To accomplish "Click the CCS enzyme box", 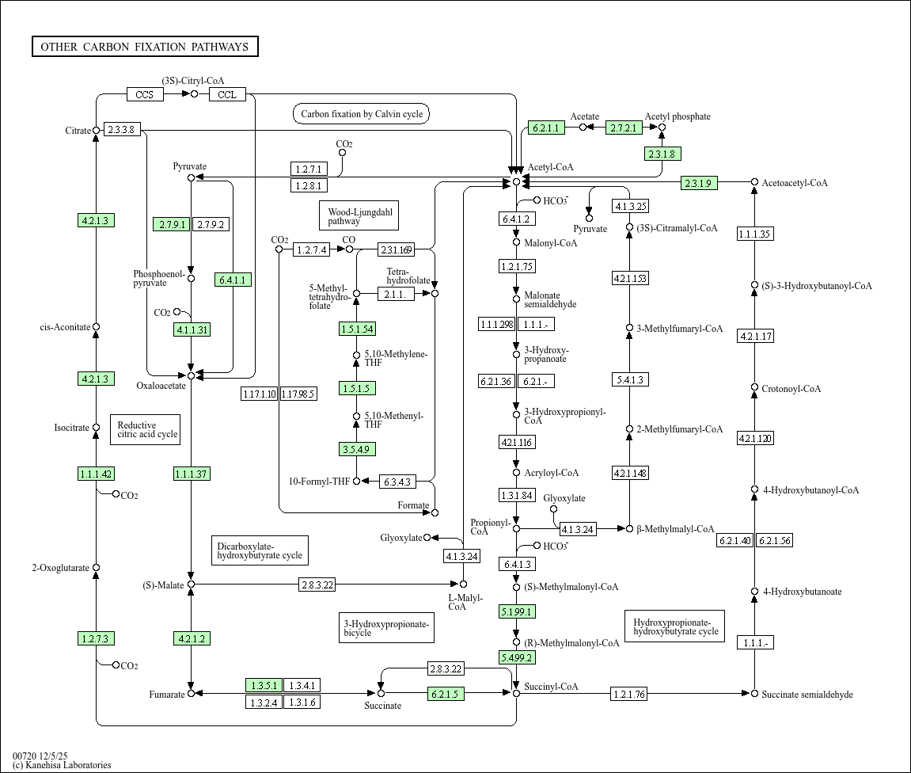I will (x=145, y=94).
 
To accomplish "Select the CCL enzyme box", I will (x=227, y=94).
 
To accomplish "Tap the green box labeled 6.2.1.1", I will (x=545, y=128).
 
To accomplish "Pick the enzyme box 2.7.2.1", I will (x=624, y=128).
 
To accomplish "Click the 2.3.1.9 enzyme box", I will (x=700, y=183).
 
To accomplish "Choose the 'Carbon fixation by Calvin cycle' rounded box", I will (x=361, y=114).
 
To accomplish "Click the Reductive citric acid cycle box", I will (x=146, y=429).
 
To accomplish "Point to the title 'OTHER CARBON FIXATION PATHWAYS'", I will (x=145, y=47).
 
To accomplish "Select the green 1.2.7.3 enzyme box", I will (x=97, y=638).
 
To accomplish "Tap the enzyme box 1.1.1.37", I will (x=192, y=474).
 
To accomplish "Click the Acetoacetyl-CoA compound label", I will (x=795, y=183).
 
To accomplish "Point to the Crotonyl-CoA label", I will (x=791, y=389).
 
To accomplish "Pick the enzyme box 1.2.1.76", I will (x=629, y=694).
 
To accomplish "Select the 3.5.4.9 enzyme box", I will (x=357, y=449).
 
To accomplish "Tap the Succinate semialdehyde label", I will (x=807, y=695).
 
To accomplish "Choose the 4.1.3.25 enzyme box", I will (x=631, y=206).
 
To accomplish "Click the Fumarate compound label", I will (x=166, y=695).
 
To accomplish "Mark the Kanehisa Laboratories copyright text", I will (x=62, y=765).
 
